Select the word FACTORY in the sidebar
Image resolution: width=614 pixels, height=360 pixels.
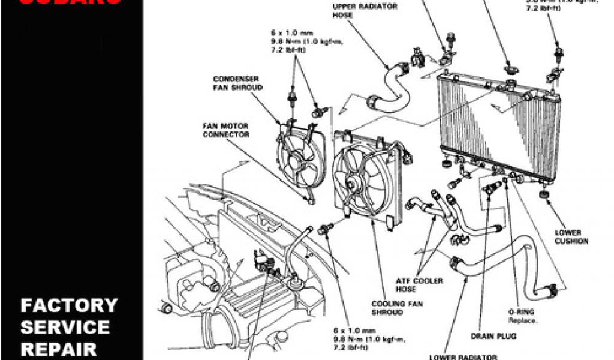(69, 305)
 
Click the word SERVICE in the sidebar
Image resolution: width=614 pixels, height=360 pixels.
(65, 327)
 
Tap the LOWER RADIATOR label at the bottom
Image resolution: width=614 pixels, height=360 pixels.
(463, 356)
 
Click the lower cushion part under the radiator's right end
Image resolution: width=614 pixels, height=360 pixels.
(544, 196)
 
